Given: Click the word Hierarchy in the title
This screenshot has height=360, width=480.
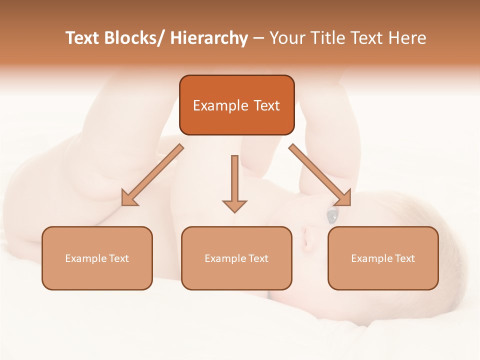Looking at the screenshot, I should [x=209, y=38].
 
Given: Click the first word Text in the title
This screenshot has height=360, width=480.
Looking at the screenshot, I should [x=82, y=38].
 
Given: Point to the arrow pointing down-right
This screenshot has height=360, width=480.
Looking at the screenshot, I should [x=320, y=175].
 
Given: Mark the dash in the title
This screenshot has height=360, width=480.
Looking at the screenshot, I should [x=258, y=39].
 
